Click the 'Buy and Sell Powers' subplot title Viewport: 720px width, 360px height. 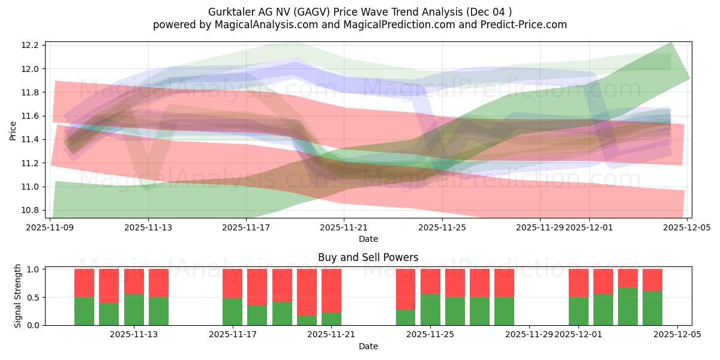coord(368,257)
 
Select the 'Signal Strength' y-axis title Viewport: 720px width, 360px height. coord(18,296)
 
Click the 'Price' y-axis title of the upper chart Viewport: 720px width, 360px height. coord(13,130)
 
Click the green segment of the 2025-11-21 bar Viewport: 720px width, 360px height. coord(331,319)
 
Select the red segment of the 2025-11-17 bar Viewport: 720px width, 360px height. coord(232,283)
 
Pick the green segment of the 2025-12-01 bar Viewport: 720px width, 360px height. coord(578,311)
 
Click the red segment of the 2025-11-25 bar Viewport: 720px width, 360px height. coord(430,281)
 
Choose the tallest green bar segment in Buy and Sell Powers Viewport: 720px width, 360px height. coord(628,306)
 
